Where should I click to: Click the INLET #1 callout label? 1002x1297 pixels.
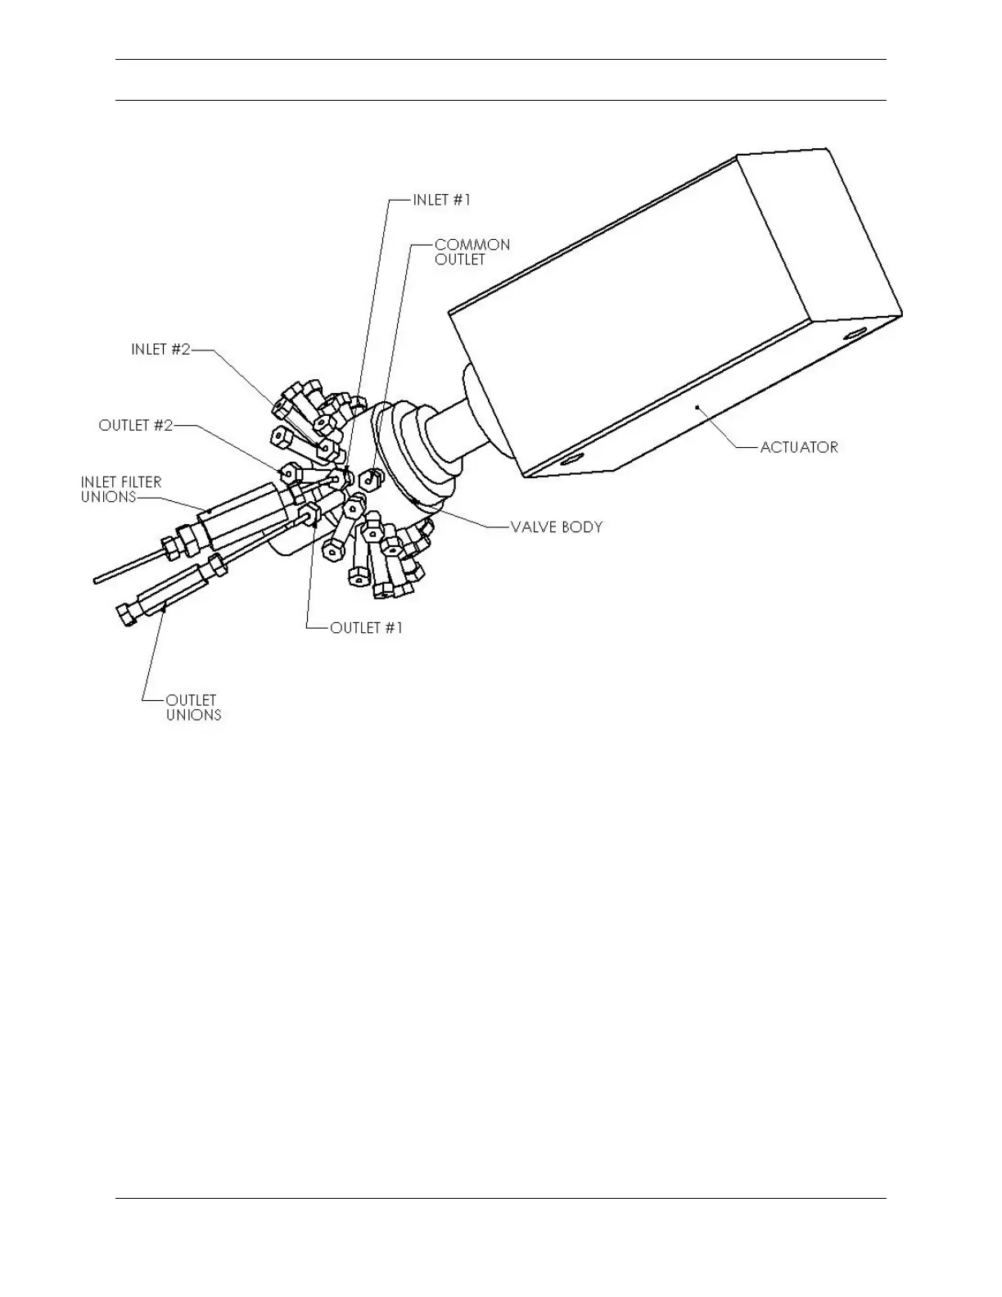point(441,199)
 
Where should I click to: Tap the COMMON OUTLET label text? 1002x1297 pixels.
point(472,252)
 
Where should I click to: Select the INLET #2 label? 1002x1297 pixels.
point(160,350)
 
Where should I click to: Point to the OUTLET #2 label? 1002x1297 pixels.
point(136,426)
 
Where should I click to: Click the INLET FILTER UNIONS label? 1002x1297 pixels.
point(121,490)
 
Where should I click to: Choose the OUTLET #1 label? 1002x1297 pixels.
point(366,628)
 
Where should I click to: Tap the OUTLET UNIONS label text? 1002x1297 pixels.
point(193,707)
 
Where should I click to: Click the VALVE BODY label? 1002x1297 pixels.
point(556,526)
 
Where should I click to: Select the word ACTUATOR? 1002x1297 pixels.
point(798,447)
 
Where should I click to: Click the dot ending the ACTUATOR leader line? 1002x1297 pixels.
point(697,405)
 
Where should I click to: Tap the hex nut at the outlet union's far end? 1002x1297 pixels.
point(128,614)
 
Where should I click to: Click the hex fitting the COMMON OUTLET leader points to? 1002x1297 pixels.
point(374,476)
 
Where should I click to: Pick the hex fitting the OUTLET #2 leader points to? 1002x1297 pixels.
point(291,472)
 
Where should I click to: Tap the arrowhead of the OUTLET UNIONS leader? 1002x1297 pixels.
point(165,607)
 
